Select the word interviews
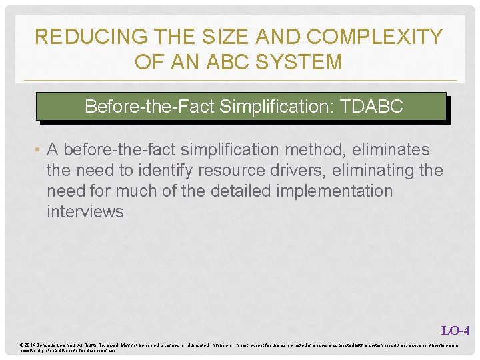[x=85, y=212]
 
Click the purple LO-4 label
[x=455, y=330]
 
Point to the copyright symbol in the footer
[x=23, y=344]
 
